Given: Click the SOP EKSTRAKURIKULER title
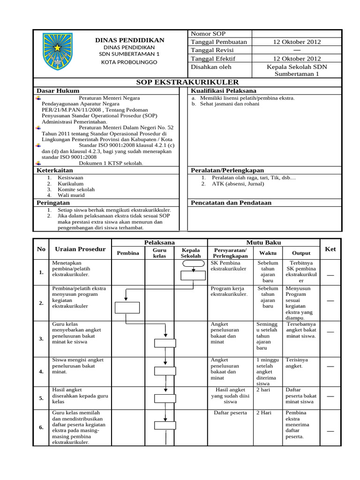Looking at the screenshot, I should click(x=187, y=82).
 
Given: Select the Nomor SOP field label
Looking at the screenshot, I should click(x=208, y=34).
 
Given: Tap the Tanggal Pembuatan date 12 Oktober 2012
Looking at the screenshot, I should click(x=297, y=42).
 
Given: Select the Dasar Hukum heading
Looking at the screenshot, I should click(x=58, y=90).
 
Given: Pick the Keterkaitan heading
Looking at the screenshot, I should click(x=55, y=171).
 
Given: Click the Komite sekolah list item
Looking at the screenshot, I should click(x=76, y=189).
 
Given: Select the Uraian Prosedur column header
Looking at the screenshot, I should click(x=80, y=249).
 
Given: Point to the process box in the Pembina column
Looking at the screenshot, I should click(x=127, y=307).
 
